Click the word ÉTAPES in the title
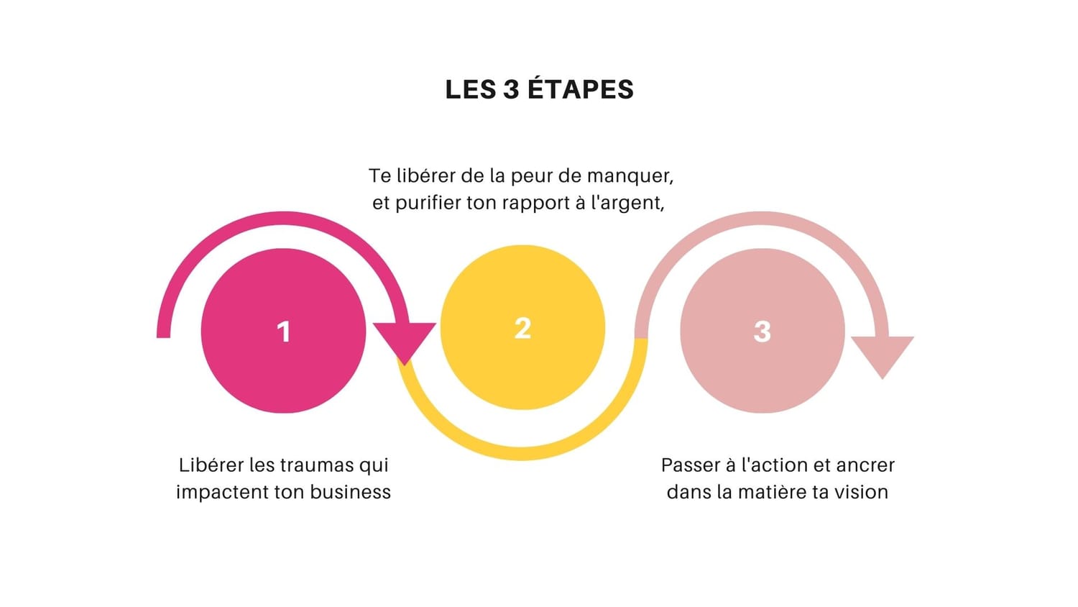pos(581,90)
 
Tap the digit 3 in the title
pos(512,90)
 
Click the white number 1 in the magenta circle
pos(284,332)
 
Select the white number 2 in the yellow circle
pos(522,329)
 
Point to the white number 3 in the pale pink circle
pos(763,332)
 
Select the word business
pos(351,493)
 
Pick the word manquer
pos(630,176)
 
